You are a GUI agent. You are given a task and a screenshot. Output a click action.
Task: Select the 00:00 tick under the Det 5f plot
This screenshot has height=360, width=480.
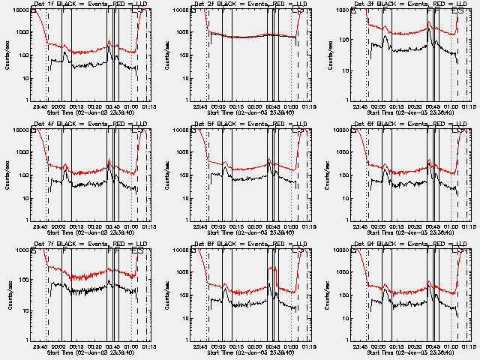222,226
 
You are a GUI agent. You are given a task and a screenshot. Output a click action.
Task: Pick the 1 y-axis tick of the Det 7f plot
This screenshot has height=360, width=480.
28,340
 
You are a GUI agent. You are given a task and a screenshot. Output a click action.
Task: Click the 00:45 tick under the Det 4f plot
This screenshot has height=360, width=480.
112,226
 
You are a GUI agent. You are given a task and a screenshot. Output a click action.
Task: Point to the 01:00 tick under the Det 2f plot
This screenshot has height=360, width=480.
289,106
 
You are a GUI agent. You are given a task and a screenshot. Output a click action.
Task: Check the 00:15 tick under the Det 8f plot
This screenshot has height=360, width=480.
238,346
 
